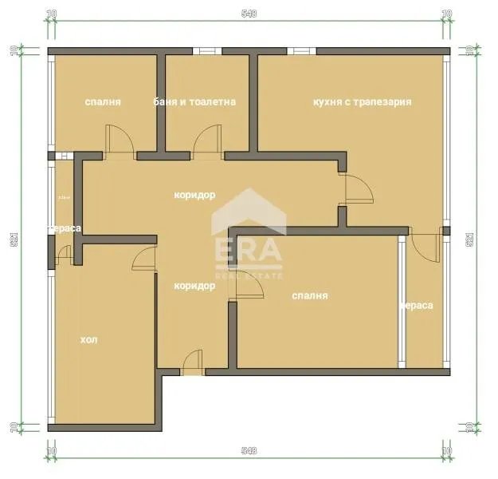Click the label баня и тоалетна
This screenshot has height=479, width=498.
[x=194, y=102]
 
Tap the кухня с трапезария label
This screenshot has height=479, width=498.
[x=363, y=102]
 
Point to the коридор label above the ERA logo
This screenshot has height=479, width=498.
[x=194, y=195]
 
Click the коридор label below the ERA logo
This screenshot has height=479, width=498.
[x=194, y=286]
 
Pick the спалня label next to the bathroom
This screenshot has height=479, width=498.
[x=103, y=102]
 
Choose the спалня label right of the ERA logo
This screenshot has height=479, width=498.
[x=310, y=295]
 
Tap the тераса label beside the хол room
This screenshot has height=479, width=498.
[x=65, y=228]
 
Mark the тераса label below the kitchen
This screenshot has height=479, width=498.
[x=416, y=305]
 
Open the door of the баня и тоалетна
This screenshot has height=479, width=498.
[x=205, y=144]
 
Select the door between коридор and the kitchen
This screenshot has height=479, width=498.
[x=356, y=190]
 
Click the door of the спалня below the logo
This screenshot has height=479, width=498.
[x=246, y=289]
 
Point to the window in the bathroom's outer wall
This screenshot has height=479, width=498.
[x=206, y=52]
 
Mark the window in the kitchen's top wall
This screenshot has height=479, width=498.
[x=301, y=52]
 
